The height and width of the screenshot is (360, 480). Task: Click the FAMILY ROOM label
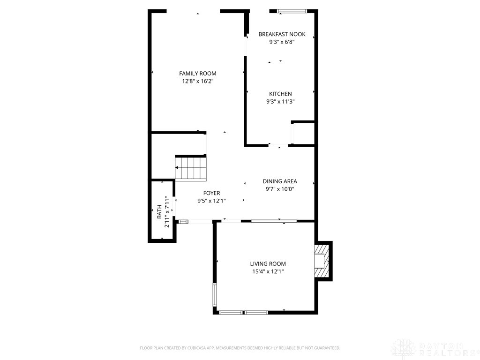click(198, 74)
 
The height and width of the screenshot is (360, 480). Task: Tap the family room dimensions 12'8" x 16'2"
click(198, 82)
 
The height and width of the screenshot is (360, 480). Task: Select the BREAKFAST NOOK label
click(282, 34)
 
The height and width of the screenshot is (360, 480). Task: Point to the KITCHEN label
click(280, 94)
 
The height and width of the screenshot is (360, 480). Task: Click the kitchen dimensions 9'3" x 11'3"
click(280, 102)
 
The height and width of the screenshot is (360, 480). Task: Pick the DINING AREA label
click(280, 181)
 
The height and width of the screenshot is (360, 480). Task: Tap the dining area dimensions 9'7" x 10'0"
click(280, 189)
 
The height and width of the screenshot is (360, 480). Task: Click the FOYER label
click(211, 193)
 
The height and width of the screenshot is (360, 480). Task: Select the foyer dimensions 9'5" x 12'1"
click(211, 201)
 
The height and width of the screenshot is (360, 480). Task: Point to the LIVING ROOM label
click(268, 264)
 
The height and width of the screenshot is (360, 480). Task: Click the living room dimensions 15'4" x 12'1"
click(268, 271)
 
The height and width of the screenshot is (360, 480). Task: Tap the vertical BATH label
click(159, 212)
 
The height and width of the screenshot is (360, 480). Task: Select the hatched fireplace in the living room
click(322, 261)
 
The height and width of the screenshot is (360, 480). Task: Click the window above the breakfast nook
click(292, 11)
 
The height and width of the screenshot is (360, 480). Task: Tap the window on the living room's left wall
click(215, 294)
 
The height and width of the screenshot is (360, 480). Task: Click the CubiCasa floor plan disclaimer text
click(240, 348)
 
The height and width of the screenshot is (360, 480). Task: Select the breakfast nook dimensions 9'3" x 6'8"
click(282, 42)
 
